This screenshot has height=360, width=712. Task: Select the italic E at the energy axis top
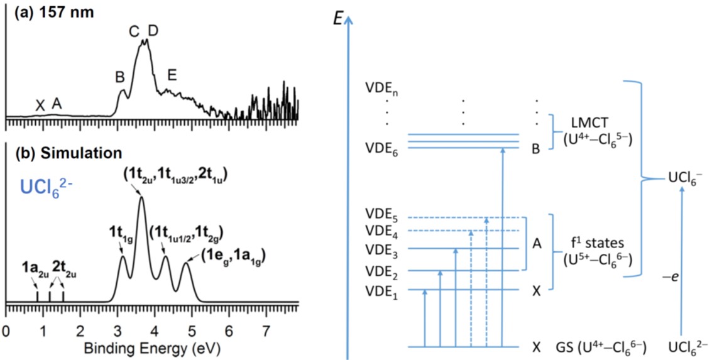click(339, 18)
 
